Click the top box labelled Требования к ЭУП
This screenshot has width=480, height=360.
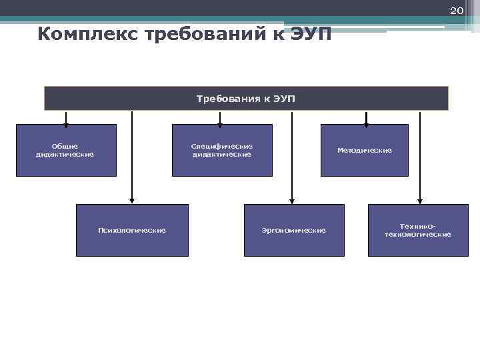click(246, 98)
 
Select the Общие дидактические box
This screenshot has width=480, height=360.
click(65, 150)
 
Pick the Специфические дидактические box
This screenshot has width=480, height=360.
click(222, 150)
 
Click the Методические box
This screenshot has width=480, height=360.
click(364, 150)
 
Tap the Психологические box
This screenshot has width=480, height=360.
click(132, 230)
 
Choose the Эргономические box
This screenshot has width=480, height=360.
click(294, 230)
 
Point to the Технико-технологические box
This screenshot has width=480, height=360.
click(418, 230)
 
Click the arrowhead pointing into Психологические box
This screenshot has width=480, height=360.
click(132, 200)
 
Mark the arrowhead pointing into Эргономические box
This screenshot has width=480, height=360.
click(291, 200)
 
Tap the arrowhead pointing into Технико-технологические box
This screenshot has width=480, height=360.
click(419, 200)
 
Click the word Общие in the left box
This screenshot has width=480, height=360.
click(65, 146)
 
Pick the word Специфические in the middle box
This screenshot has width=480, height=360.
click(222, 146)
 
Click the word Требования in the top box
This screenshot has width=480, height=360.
click(225, 99)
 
